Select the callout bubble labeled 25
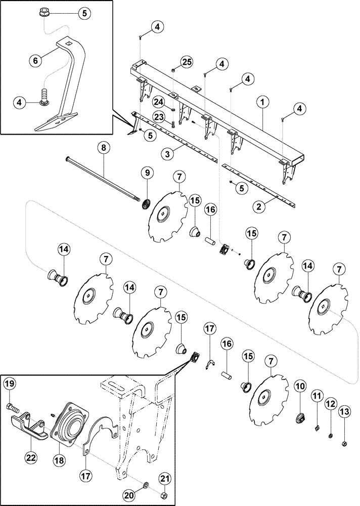coord(187,62)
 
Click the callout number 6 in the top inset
coord(36,60)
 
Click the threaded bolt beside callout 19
coord(14,406)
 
